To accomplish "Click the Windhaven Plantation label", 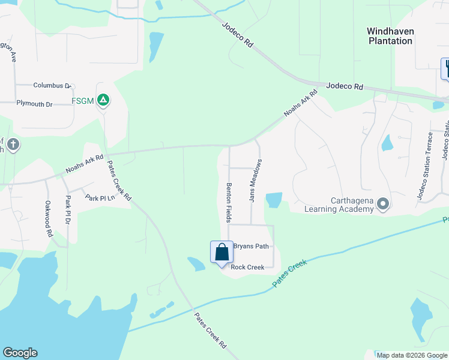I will [x=390, y=35].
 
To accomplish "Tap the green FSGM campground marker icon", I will [x=103, y=100].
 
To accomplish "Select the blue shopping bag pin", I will [x=221, y=253].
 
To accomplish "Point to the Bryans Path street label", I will [x=250, y=246].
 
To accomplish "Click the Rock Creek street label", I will [x=248, y=267].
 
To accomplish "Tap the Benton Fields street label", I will [x=229, y=202].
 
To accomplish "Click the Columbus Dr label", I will [x=52, y=86].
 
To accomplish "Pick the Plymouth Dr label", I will [x=35, y=104].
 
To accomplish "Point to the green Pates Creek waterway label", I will [x=290, y=273].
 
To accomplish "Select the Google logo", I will [x=20, y=353].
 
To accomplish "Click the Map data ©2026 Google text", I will [x=411, y=355].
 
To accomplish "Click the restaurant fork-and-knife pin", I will [x=445, y=67].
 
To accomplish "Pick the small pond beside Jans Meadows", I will [x=274, y=200].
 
